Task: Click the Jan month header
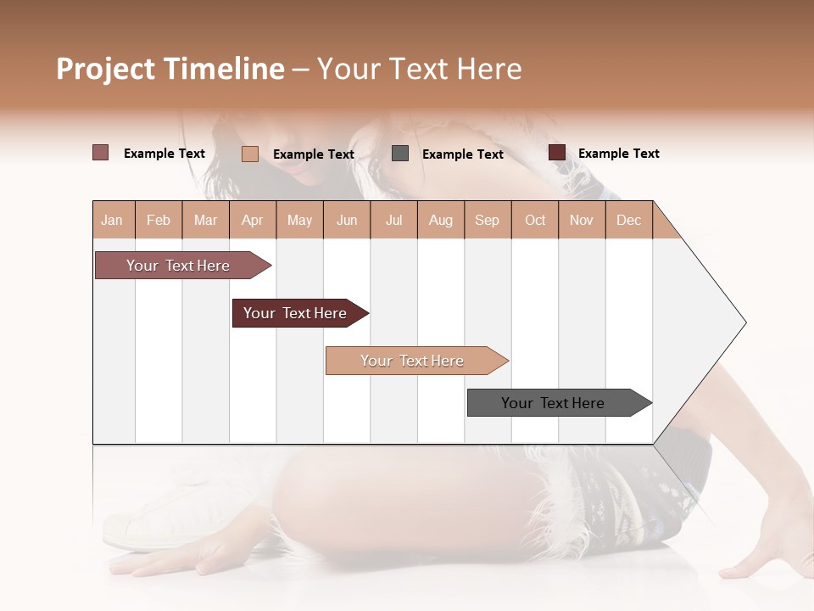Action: click(112, 220)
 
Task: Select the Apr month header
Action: click(252, 220)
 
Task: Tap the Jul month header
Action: click(393, 220)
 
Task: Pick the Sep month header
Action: click(487, 220)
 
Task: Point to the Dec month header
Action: click(628, 220)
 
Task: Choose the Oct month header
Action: click(535, 220)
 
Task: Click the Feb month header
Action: click(159, 220)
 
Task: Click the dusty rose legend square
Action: click(101, 153)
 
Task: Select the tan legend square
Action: click(250, 154)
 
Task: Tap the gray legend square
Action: click(400, 154)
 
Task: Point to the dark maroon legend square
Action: click(557, 153)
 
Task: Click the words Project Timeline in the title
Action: click(170, 69)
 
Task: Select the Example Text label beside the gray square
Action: click(463, 154)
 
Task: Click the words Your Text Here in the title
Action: click(420, 69)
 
